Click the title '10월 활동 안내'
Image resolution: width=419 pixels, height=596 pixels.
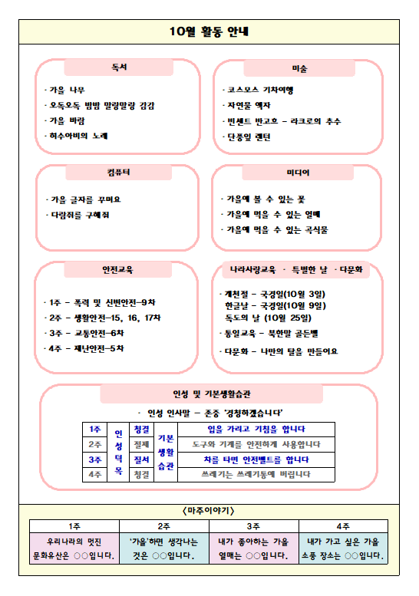click(209, 31)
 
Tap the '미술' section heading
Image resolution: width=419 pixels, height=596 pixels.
click(299, 68)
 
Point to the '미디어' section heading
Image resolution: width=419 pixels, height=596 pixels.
click(299, 173)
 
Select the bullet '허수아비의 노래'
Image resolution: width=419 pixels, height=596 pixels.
click(79, 136)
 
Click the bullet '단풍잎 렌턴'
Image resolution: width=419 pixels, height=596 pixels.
click(247, 137)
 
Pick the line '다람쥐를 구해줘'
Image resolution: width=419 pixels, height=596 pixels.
click(79, 215)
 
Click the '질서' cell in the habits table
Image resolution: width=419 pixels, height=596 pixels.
click(142, 459)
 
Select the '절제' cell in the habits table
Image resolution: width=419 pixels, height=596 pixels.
click(142, 443)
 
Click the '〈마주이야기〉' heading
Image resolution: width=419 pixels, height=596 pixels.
click(209, 510)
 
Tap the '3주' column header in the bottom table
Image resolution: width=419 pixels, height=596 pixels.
click(254, 525)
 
